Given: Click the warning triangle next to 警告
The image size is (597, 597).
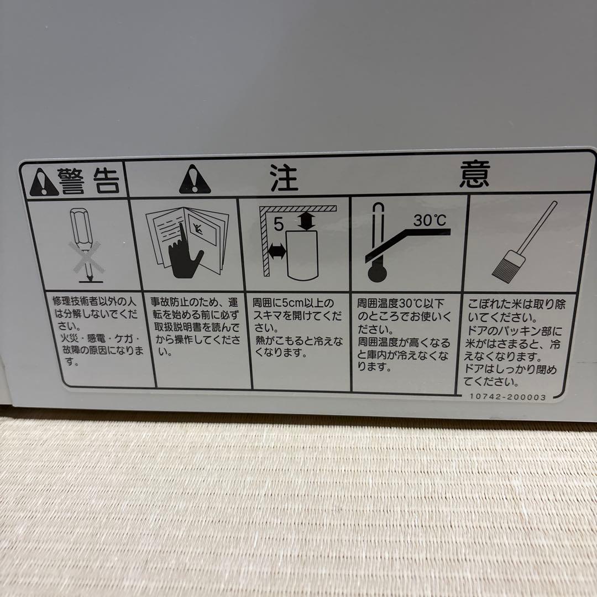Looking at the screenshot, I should coord(44,182).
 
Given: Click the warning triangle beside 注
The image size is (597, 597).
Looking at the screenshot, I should coord(195,180).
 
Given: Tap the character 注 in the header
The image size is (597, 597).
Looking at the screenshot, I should coord(284,177).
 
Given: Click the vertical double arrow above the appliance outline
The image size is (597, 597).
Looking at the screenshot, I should coord(306,222).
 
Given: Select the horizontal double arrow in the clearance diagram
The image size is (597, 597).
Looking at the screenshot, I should coord(275,252).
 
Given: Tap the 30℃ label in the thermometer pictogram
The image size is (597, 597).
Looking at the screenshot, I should coord(430,221).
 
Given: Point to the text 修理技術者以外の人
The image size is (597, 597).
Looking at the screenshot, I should coord(94,302).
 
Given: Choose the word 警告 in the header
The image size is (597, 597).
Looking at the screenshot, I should coord(90,181).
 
